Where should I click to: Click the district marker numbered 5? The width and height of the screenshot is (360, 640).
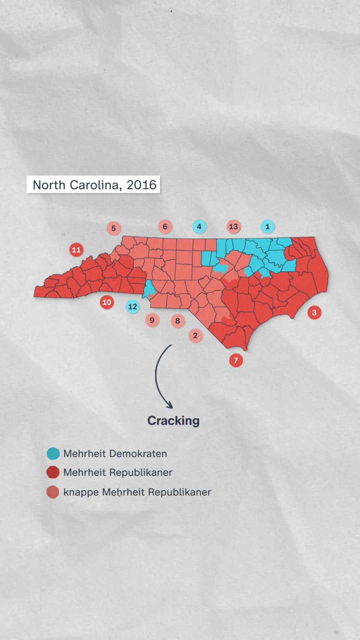(x=113, y=228)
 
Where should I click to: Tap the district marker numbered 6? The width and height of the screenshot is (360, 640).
(x=165, y=227)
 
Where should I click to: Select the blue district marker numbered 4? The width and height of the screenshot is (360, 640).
(x=199, y=227)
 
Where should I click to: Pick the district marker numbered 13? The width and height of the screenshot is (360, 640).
(x=233, y=227)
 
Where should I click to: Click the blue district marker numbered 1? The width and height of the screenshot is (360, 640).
(x=267, y=227)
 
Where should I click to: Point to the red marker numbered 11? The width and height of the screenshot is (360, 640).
(x=76, y=249)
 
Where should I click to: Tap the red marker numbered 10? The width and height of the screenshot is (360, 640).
(x=107, y=302)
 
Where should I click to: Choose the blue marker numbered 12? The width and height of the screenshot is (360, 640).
(x=133, y=306)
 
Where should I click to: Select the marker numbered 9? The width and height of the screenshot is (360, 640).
(x=152, y=320)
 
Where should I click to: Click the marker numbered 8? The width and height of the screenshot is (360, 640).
(x=177, y=321)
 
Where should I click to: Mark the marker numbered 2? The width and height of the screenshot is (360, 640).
(x=195, y=336)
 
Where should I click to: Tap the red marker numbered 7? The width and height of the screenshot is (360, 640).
(x=236, y=360)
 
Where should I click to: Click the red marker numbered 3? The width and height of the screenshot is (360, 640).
(x=314, y=312)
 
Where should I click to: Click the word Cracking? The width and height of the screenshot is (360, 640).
(x=173, y=421)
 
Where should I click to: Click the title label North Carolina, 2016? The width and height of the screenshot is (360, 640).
(x=94, y=185)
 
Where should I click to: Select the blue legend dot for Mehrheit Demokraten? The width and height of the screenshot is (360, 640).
(x=53, y=453)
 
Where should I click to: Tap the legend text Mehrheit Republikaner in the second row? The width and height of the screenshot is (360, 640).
(x=118, y=472)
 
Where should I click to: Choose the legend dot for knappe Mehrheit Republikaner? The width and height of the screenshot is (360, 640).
(x=53, y=492)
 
